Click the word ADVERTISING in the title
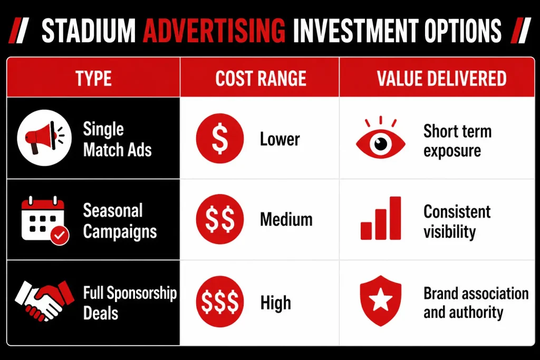214,31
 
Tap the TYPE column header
94,79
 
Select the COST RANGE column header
261,79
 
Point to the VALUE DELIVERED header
441,79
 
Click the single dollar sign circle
220,138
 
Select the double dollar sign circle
220,219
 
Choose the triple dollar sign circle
220,301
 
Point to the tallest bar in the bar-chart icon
395,218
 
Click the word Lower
279,139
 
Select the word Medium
286,219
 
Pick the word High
275,303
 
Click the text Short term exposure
457,141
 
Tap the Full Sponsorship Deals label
130,303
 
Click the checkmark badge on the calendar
60,236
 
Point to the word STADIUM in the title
89,31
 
